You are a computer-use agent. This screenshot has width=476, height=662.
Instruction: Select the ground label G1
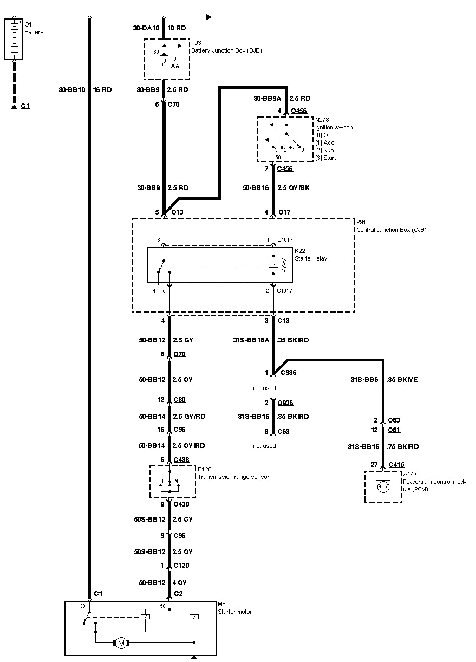[x=25, y=107]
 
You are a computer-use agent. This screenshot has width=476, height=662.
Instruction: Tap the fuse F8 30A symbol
[x=163, y=63]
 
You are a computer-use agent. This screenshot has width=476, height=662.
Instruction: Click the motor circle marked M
[x=121, y=642]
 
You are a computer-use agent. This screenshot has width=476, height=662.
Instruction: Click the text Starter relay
[x=311, y=258]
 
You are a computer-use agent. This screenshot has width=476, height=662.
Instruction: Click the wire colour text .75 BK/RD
[x=403, y=447]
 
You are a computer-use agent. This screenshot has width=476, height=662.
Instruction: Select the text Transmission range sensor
[x=233, y=477]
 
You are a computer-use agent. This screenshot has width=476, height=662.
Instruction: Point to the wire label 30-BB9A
[x=268, y=99]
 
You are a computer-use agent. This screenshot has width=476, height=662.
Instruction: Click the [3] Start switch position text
[x=327, y=158]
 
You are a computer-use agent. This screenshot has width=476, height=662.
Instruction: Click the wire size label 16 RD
[x=102, y=90]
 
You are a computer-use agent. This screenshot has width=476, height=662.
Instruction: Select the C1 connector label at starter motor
[x=98, y=594]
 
